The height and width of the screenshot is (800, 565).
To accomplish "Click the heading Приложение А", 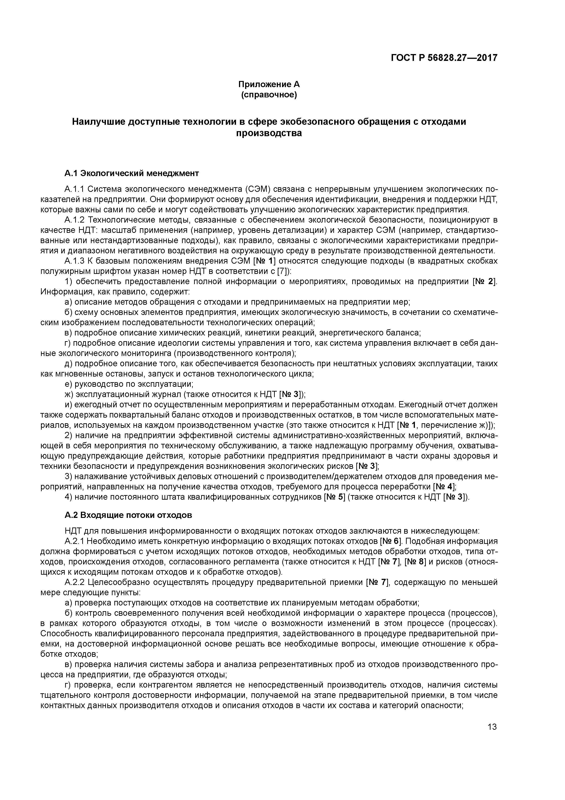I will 269,84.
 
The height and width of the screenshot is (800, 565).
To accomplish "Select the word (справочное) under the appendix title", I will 269,95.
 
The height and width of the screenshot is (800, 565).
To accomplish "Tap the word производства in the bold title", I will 269,133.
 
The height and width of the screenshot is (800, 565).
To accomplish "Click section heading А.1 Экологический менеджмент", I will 132,173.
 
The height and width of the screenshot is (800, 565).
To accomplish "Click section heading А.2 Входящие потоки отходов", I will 128,515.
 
